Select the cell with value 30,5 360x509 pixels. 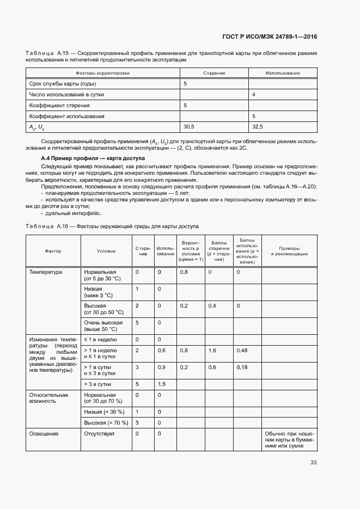click(189, 127)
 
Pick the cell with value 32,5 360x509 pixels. click(257, 127)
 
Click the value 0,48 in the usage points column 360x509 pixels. click(242, 351)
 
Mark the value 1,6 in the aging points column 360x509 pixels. click(212, 351)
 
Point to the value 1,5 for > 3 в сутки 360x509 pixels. click(161, 384)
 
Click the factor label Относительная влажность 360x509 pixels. click(48, 398)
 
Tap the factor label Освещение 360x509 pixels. click(44, 433)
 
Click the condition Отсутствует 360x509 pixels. click(98, 433)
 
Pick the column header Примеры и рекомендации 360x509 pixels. click(289, 251)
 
